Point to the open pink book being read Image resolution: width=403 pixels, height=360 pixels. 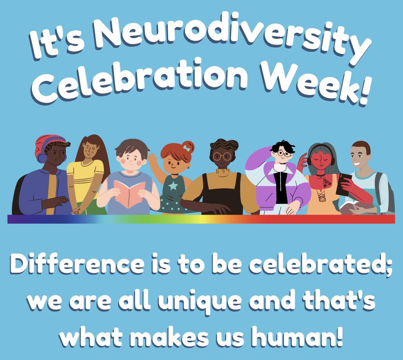point(129,192)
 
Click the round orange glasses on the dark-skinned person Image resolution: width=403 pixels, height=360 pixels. point(222,156)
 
